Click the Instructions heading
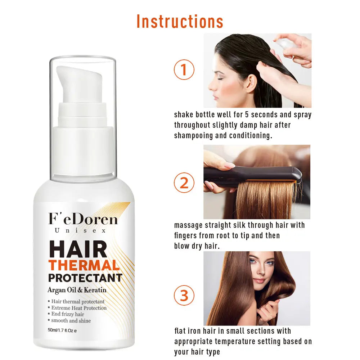[x=180, y=21]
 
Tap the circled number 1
[x=184, y=69]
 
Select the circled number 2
[x=184, y=183]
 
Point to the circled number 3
[x=184, y=295]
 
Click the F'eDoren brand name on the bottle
[x=83, y=219]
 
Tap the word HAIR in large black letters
[x=78, y=249]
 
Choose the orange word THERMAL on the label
[x=84, y=265]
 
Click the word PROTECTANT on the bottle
[x=85, y=278]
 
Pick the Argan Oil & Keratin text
[x=77, y=290]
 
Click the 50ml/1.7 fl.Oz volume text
[x=62, y=330]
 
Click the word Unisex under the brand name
[x=80, y=230]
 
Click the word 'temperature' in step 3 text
[x=235, y=342]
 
